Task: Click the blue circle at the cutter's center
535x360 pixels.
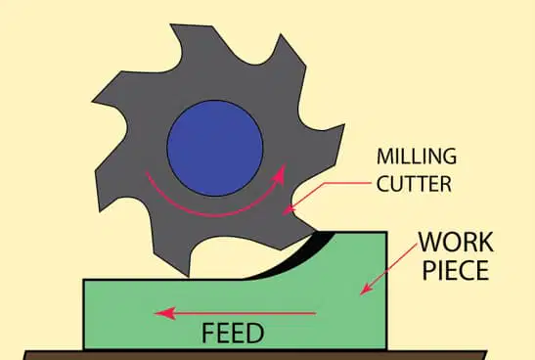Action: pos(214,148)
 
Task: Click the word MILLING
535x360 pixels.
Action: pos(417,157)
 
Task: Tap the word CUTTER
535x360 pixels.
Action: pos(415,184)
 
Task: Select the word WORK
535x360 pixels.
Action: pos(456,242)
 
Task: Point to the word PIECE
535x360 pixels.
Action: pos(456,270)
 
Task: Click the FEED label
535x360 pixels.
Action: pos(233,333)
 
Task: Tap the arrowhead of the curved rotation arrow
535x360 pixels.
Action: pos(280,173)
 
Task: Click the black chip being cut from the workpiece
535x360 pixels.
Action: pos(293,257)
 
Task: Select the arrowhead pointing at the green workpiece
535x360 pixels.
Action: pos(366,289)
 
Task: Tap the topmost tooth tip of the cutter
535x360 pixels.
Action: pos(171,24)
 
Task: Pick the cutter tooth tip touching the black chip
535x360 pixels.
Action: pos(313,233)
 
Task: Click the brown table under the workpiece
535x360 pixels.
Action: pos(255,355)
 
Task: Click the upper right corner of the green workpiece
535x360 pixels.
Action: pos(386,232)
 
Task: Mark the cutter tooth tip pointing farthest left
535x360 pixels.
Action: pos(93,101)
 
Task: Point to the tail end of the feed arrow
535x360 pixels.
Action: pos(316,313)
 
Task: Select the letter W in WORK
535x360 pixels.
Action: pos(430,242)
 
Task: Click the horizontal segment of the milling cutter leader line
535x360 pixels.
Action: pos(346,183)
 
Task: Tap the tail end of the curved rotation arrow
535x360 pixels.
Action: pos(147,171)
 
